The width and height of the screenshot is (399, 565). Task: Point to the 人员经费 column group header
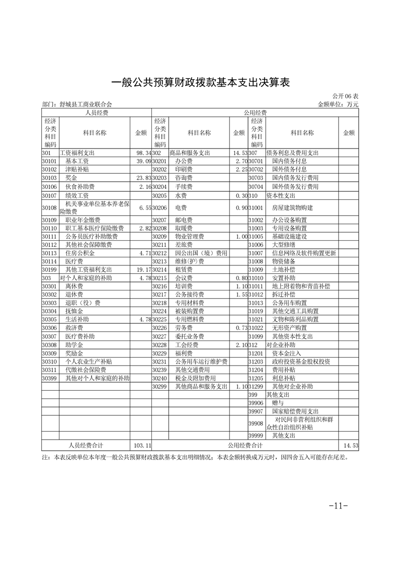pyautogui.click(x=97, y=113)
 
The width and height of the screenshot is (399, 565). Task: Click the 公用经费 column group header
pyautogui.click(x=255, y=113)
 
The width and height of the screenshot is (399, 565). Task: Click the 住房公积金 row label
pyautogui.click(x=81, y=253)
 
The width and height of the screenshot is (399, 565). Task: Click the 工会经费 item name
pyautogui.click(x=187, y=345)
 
